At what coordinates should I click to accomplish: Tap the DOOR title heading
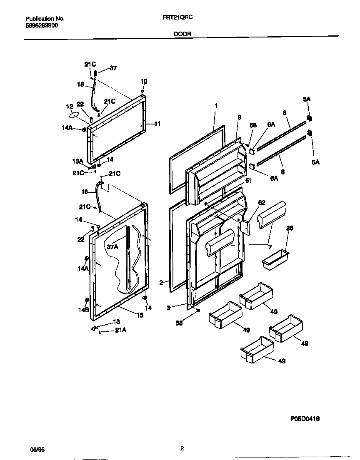(x=182, y=35)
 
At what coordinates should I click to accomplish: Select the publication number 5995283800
(x=42, y=25)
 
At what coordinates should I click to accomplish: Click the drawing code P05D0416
(x=305, y=419)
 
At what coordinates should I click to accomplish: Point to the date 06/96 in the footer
(x=37, y=450)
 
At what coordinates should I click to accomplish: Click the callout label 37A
(x=112, y=247)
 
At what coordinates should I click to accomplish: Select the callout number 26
(x=290, y=228)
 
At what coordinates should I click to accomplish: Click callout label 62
(x=262, y=203)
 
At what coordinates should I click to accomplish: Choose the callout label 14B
(x=85, y=310)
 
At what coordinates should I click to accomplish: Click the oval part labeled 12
(x=72, y=114)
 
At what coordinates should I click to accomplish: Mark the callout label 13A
(x=78, y=161)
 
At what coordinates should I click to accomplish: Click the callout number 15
(x=140, y=316)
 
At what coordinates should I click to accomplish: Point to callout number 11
(x=157, y=124)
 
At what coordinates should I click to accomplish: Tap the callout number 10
(x=144, y=81)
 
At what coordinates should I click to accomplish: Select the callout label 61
(x=248, y=180)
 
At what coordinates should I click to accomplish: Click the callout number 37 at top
(x=113, y=68)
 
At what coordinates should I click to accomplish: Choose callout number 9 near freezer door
(x=239, y=118)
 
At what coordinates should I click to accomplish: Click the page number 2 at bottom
(x=182, y=448)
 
